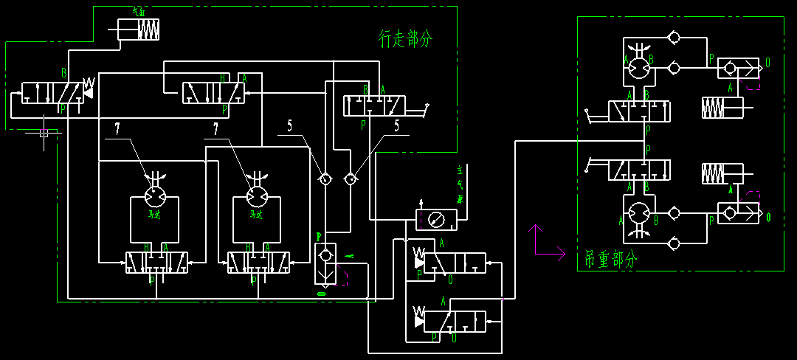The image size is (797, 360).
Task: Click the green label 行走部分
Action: click(405, 39)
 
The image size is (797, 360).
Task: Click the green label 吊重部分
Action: click(610, 258)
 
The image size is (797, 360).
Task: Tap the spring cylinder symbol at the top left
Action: click(139, 30)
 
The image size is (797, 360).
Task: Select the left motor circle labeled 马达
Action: click(155, 195)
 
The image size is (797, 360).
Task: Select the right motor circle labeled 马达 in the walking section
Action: click(257, 195)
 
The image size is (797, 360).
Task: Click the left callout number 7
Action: click(117, 130)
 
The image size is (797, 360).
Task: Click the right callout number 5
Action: click(396, 126)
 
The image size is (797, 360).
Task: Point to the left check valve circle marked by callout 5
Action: click(324, 179)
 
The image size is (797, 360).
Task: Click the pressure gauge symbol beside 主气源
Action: click(436, 220)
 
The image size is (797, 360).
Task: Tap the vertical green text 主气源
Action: click(460, 184)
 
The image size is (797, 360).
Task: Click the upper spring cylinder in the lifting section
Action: click(722, 108)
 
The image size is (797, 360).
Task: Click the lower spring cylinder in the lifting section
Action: click(722, 174)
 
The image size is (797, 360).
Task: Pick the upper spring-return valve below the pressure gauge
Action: click(450, 263)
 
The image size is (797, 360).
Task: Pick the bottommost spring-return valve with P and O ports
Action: click(450, 321)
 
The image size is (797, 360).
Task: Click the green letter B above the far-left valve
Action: click(64, 72)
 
